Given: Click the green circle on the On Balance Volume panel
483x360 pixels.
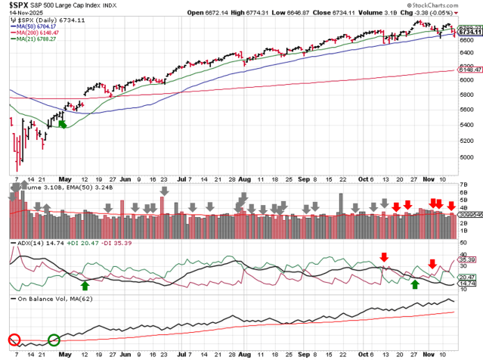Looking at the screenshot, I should pyautogui.click(x=54, y=340).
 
